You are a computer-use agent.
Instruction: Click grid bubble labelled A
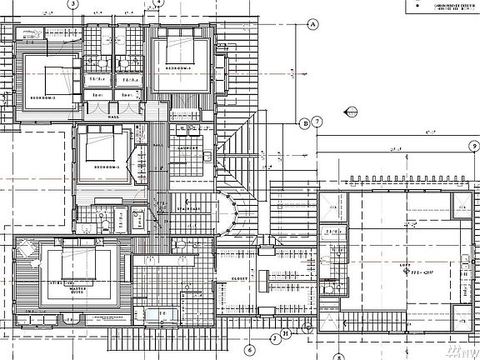pyautogui.click(x=313, y=24)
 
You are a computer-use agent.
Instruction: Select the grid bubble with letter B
pyautogui.click(x=306, y=123)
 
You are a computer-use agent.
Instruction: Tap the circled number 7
pyautogui.click(x=318, y=122)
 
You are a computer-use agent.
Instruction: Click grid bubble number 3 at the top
pyautogui.click(x=73, y=4)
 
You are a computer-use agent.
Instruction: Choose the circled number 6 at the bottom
pyautogui.click(x=247, y=349)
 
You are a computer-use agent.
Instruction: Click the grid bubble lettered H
pyautogui.click(x=285, y=334)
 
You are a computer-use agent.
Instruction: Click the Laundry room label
pyautogui.click(x=186, y=149)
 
